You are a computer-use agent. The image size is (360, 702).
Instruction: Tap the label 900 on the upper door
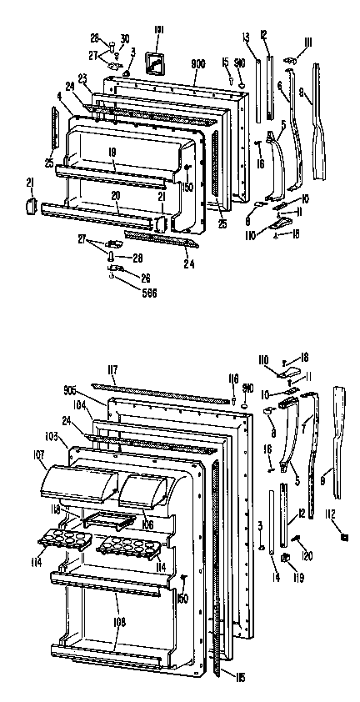point(198,63)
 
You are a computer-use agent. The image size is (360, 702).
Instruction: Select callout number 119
point(297,575)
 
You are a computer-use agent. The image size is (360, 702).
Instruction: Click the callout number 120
point(307,555)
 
